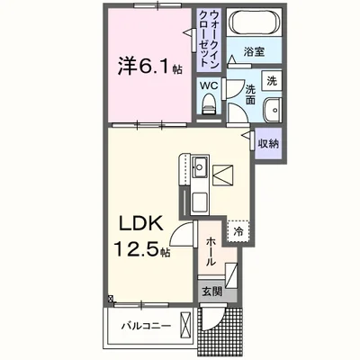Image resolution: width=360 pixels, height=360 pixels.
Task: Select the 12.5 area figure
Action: pyautogui.click(x=136, y=249)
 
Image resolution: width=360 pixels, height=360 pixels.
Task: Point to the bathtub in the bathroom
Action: pyautogui.click(x=255, y=22)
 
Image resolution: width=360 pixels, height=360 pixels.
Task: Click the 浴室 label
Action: pyautogui.click(x=254, y=52)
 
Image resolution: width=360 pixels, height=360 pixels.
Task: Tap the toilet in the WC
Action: pyautogui.click(x=209, y=103)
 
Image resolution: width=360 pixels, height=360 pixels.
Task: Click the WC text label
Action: pyautogui.click(x=209, y=85)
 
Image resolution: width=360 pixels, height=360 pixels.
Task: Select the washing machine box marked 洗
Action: pyautogui.click(x=272, y=81)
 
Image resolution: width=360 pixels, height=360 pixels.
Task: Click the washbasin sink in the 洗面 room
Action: pyautogui.click(x=273, y=110)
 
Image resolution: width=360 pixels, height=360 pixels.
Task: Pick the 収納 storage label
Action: pyautogui.click(x=268, y=144)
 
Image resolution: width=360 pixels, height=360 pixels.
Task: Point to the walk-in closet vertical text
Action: pyautogui.click(x=209, y=39)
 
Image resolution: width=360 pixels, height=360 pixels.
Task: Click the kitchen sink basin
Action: pyautogui.click(x=200, y=166)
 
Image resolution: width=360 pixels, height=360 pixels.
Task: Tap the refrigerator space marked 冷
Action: pyautogui.click(x=238, y=231)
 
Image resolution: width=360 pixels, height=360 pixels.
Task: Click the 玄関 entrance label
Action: pyautogui.click(x=211, y=292)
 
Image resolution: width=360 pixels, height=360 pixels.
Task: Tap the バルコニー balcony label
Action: pyautogui.click(x=146, y=326)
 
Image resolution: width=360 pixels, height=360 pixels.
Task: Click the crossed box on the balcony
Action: pyautogui.click(x=185, y=326)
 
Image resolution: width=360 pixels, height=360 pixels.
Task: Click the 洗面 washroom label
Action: pyautogui.click(x=251, y=94)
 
